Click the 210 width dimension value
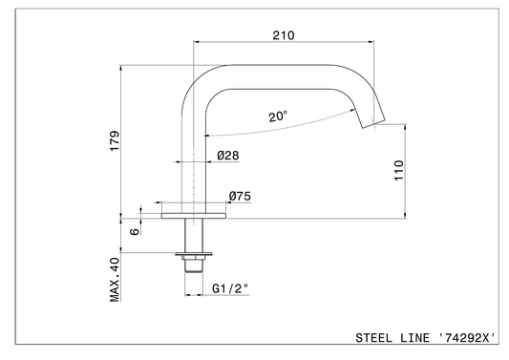pyautogui.click(x=284, y=35)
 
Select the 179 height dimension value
pyautogui.click(x=115, y=140)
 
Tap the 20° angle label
pyautogui.click(x=278, y=116)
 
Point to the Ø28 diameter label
pyautogui.click(x=228, y=155)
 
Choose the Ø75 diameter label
pyautogui.click(x=240, y=196)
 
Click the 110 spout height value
pyautogui.click(x=399, y=170)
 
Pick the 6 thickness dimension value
pyautogui.click(x=135, y=231)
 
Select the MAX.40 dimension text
pyautogui.click(x=115, y=280)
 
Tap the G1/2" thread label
pyautogui.click(x=230, y=288)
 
